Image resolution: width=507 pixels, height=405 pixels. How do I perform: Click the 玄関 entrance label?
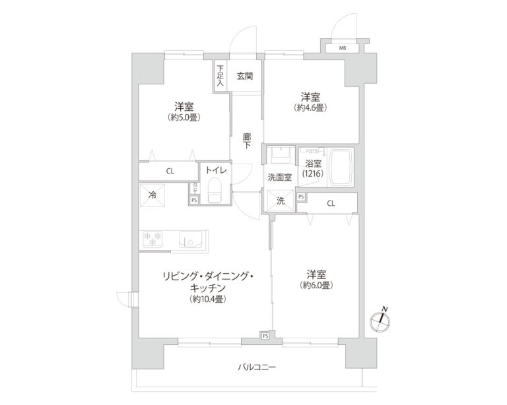(x=244, y=76)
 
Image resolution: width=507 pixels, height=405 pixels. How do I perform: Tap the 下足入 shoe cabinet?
(x=220, y=75)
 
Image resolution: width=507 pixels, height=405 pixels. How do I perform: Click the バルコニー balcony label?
(x=257, y=367)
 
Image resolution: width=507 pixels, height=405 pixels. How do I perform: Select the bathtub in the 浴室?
(x=342, y=166)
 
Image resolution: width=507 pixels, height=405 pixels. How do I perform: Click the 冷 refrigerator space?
(x=152, y=195)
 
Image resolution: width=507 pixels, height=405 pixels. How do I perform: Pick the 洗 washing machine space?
(x=280, y=201)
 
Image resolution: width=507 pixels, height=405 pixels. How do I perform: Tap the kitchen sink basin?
(x=191, y=239)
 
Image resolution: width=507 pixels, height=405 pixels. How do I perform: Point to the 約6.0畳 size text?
(x=317, y=286)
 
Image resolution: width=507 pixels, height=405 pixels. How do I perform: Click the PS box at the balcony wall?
(x=265, y=336)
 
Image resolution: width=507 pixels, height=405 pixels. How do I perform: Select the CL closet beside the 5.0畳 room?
(x=170, y=171)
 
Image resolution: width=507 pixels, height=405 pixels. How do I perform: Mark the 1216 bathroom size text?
(x=312, y=173)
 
